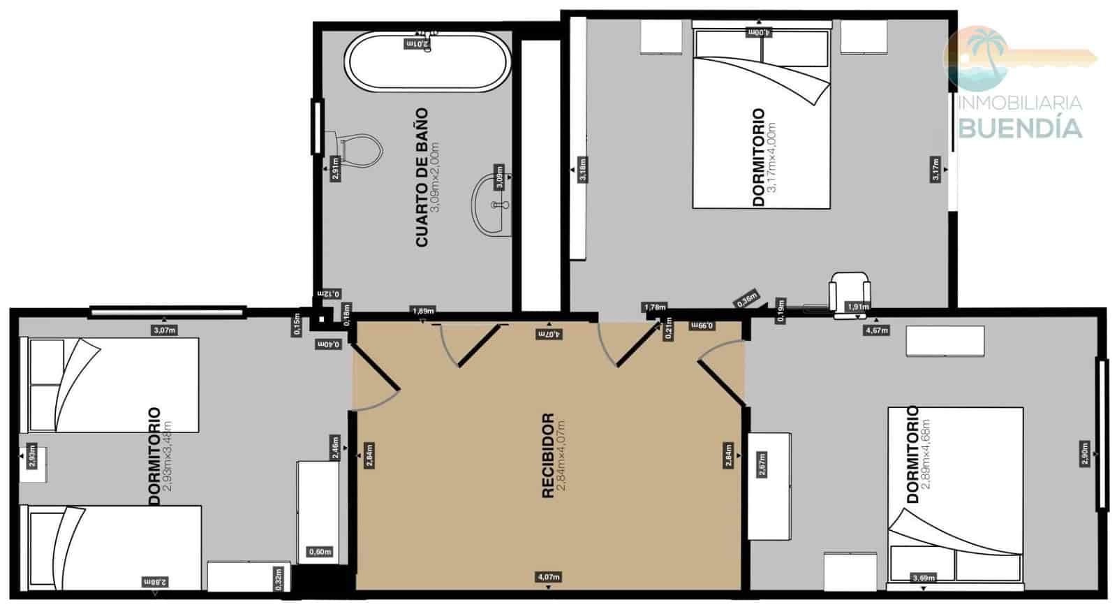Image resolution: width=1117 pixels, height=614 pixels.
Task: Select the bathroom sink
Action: point(491,205)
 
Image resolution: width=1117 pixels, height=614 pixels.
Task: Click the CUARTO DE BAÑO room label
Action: point(422,177)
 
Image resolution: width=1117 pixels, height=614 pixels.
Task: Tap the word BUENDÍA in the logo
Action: point(1021,129)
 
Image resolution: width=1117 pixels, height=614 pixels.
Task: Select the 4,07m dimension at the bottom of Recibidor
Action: point(549,577)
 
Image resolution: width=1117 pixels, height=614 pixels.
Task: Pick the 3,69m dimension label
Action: point(923,578)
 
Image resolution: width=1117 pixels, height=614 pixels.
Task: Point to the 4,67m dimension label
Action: point(876,330)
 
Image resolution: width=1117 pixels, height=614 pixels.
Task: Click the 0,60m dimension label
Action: point(320,552)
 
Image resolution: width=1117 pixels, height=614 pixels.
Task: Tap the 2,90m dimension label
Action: point(1084,453)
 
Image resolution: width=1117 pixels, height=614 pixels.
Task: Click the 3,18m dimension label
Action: point(583,170)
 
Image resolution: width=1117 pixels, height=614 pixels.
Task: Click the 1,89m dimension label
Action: point(423,311)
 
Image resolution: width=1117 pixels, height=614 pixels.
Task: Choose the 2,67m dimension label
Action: point(762,465)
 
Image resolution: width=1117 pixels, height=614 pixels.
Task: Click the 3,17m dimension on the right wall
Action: point(935,170)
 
